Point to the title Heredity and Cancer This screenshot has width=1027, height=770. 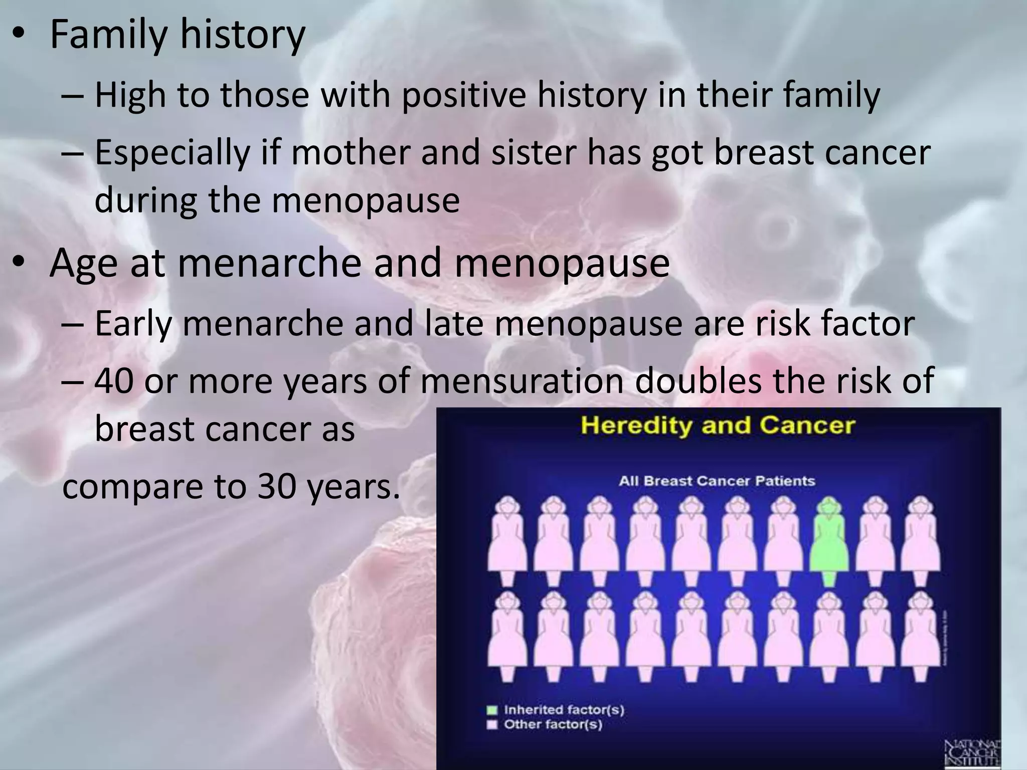coord(718,426)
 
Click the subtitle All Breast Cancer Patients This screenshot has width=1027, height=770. coord(717,481)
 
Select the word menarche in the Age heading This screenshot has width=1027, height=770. coord(269,263)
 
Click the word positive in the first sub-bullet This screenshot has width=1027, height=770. coord(464,95)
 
